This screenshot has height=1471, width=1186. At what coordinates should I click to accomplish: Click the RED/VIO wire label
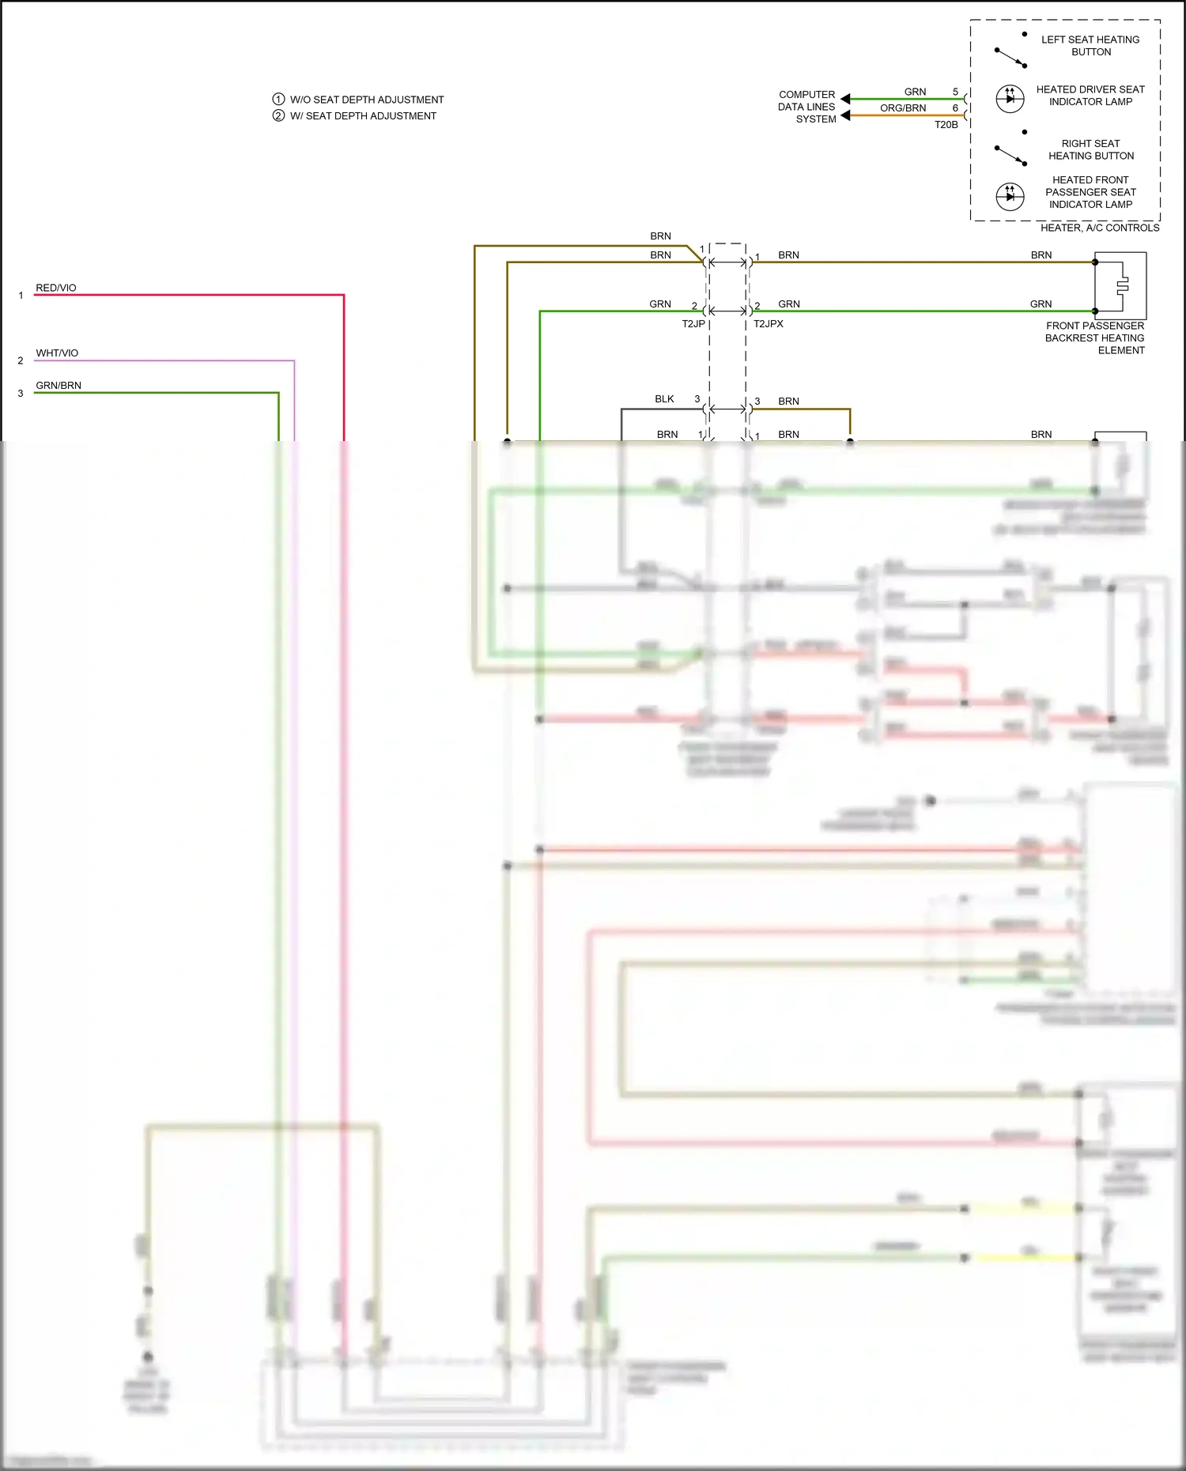tap(56, 288)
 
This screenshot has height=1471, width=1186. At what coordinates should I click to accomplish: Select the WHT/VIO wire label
tap(57, 353)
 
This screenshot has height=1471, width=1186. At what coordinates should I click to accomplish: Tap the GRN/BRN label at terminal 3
tap(59, 386)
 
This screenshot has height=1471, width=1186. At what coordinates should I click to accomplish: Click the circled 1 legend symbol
tap(278, 100)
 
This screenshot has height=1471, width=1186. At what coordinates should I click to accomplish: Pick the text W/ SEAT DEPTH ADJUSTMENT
tap(363, 116)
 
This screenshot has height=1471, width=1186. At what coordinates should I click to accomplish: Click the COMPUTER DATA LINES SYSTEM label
tap(806, 107)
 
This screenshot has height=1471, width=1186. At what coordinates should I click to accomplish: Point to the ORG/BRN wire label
tap(903, 108)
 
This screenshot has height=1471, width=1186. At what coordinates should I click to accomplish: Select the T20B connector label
tap(946, 125)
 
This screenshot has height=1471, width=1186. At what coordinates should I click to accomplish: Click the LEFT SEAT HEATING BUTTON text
tap(1090, 46)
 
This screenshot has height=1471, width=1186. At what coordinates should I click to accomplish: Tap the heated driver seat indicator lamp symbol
tap(1010, 98)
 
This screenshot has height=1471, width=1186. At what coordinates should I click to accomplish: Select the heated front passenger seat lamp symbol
tap(1010, 196)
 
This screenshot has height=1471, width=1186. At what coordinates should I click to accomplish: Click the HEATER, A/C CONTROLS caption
tap(1099, 228)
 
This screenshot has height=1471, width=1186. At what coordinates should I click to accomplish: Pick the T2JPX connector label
tap(768, 324)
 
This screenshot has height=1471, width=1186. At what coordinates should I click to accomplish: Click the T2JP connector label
tap(693, 324)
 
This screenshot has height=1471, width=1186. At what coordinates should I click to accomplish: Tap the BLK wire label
tap(664, 399)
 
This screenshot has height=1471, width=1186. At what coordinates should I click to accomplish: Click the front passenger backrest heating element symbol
tap(1120, 285)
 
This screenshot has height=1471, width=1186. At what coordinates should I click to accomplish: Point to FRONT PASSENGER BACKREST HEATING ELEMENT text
tap(1095, 338)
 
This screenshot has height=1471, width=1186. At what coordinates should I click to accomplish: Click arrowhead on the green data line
tap(845, 99)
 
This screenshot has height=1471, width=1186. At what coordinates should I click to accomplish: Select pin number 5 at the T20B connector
tap(955, 92)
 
